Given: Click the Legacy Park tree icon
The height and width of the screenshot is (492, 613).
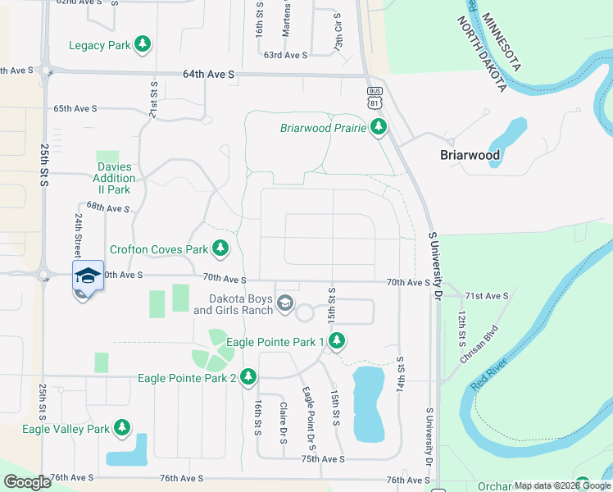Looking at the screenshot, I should click(x=143, y=44).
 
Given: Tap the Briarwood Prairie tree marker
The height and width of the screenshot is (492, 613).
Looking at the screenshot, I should click(x=378, y=127).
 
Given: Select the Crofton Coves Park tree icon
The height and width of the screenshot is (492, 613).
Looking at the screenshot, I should click(x=220, y=248).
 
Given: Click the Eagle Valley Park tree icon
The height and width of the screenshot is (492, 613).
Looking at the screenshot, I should click(x=122, y=428).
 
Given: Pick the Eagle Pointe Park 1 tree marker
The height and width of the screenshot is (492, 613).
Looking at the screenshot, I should click(x=336, y=340).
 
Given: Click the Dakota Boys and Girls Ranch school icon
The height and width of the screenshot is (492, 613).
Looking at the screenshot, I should click(x=284, y=304).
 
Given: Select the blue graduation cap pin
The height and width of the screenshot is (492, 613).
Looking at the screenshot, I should click(x=88, y=276).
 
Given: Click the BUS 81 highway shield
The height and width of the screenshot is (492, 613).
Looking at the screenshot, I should click(x=375, y=97).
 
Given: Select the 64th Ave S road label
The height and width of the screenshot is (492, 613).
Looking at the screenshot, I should click(x=208, y=74).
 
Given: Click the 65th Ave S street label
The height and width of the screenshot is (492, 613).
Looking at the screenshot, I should click(x=75, y=108).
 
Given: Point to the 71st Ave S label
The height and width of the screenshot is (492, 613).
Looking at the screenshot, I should click(x=486, y=295).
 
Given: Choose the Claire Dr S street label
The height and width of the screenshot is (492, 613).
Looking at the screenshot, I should click(x=283, y=422).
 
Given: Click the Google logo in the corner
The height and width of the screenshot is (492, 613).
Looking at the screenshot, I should click(x=27, y=482).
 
